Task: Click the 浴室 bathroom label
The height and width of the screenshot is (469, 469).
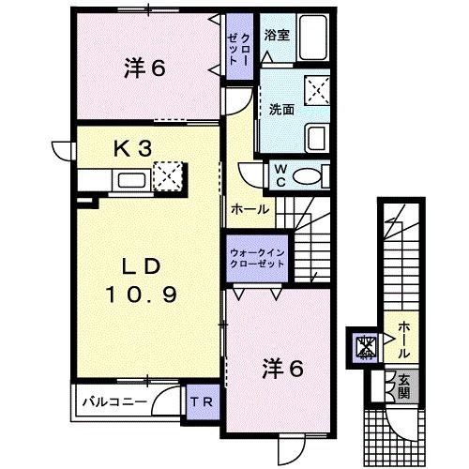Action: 277,35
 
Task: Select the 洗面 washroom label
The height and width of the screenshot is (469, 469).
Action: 281,110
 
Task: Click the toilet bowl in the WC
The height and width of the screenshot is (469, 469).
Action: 307,176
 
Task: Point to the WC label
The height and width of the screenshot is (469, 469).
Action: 280,175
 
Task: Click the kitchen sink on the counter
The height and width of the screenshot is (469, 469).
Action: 131,181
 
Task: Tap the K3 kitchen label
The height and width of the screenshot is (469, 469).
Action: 133,148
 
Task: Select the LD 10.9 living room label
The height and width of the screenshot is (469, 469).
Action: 142,280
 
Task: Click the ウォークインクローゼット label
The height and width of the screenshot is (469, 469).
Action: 257,258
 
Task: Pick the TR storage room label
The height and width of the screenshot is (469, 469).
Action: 202,401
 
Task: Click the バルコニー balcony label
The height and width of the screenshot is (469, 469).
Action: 114,401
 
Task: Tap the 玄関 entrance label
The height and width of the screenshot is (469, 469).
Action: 403,386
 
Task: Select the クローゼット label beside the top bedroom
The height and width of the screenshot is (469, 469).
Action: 239,49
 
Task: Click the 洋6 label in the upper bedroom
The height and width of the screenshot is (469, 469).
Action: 144,68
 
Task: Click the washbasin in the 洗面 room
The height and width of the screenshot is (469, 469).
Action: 317,138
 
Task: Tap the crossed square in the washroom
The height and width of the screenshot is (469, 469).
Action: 317,90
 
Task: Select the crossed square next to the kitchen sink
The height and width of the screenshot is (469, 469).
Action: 168,176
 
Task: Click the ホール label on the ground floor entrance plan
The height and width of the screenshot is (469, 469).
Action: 403,340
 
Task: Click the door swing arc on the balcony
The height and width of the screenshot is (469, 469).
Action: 162,395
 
